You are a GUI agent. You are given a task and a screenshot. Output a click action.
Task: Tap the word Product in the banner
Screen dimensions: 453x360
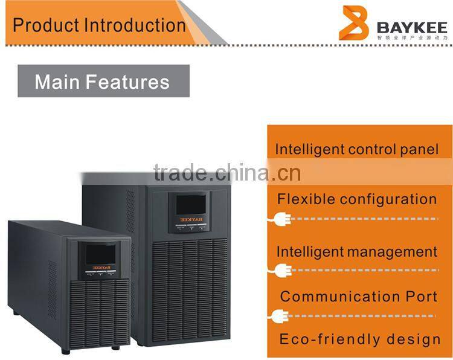[46, 25]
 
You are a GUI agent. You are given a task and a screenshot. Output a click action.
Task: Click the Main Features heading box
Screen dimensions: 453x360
[103, 81]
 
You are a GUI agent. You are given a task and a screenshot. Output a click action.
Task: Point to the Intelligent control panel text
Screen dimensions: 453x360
[357, 149]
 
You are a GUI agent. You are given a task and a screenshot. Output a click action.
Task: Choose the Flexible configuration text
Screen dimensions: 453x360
[357, 199]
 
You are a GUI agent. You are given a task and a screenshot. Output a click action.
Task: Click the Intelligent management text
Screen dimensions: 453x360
[357, 251]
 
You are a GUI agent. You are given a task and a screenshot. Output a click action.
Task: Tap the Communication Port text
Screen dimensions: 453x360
[359, 297]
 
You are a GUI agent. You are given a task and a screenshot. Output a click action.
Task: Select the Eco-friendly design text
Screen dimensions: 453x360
[359, 339]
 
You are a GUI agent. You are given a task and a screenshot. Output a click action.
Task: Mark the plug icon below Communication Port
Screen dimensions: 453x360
[280, 315]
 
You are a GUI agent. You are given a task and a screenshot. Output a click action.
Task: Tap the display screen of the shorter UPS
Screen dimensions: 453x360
[100, 255]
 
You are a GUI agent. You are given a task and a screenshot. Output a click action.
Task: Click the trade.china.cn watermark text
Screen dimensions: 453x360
[226, 173]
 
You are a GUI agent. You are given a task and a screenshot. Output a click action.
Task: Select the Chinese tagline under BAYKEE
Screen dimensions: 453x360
[413, 37]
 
